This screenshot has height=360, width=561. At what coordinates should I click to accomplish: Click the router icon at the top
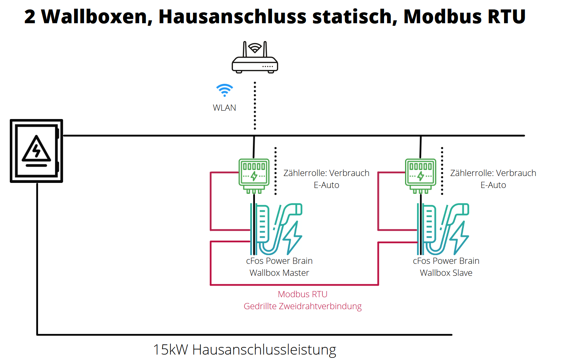[255, 58]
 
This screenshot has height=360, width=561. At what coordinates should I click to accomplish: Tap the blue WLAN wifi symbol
[224, 90]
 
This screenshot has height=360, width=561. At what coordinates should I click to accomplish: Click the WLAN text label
[224, 108]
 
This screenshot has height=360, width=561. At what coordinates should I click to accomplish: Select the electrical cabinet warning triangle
[36, 150]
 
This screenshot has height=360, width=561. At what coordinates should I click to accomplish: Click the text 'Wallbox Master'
[279, 273]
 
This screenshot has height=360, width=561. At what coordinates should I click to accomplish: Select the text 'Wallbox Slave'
[446, 273]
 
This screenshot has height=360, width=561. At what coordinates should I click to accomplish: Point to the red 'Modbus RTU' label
[302, 294]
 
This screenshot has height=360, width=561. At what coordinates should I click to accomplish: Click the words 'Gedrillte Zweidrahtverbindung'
[302, 306]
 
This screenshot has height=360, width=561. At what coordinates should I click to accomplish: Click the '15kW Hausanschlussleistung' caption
[244, 350]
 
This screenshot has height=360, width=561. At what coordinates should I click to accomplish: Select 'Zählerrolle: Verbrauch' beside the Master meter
[326, 173]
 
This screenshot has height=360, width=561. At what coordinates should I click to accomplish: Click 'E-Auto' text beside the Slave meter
[493, 185]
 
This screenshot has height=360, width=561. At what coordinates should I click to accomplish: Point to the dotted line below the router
[255, 105]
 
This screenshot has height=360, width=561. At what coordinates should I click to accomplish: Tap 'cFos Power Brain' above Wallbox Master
[279, 261]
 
